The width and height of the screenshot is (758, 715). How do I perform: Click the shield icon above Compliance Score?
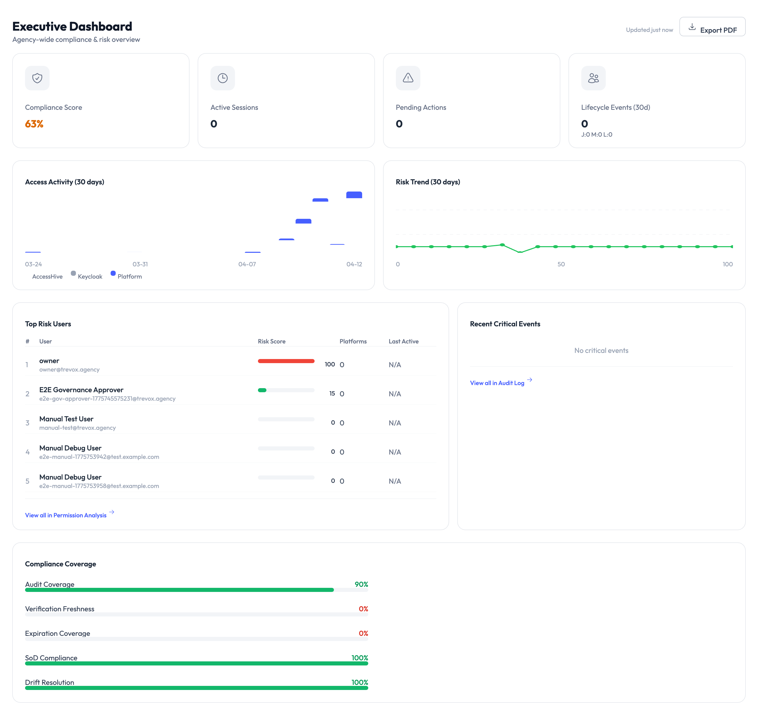[x=37, y=78]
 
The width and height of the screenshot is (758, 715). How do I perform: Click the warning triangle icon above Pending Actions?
[x=408, y=78]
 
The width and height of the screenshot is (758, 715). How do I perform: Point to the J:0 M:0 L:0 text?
[x=596, y=135]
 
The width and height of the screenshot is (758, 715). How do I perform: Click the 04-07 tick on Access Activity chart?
[x=247, y=264]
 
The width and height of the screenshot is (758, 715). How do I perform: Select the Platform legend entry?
[x=129, y=277]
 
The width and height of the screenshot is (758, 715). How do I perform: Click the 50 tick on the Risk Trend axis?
[x=561, y=264]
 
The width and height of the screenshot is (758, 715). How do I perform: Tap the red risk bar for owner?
[x=286, y=361]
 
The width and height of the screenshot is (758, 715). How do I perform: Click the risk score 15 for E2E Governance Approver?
[x=332, y=394]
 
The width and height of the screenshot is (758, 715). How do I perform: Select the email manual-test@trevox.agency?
[x=77, y=428]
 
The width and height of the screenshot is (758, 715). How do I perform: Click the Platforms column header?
[x=353, y=341]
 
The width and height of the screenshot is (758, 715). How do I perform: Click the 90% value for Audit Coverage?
[x=361, y=584]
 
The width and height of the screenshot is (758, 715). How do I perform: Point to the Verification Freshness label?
[x=60, y=609]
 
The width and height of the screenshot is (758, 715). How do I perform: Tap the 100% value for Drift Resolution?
[x=360, y=682]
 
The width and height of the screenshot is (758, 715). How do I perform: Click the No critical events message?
[x=601, y=350]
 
